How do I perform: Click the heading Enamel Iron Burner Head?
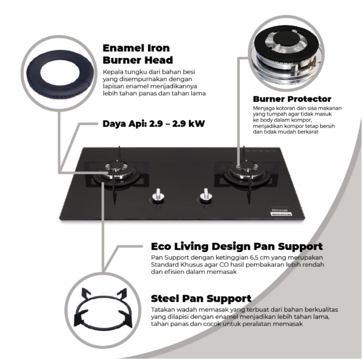138,54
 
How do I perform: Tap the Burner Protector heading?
292,99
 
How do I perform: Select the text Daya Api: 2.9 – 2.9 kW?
154,124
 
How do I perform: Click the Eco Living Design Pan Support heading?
237,246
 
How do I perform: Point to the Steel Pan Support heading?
201,299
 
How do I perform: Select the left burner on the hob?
117,172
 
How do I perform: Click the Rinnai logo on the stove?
280,210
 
